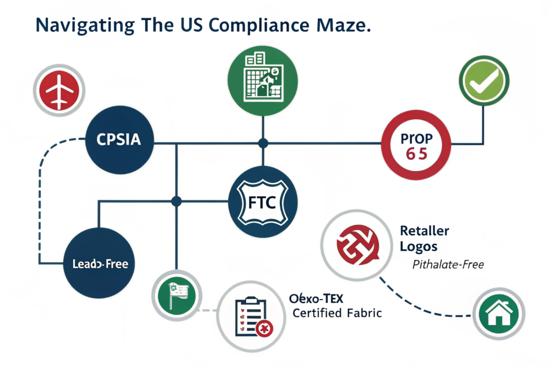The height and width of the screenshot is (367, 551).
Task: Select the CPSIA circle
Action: click(119, 140)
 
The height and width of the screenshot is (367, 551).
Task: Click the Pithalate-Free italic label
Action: click(448, 264)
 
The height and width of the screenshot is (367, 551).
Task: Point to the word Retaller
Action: click(425, 231)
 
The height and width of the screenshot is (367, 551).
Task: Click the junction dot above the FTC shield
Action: click(263, 143)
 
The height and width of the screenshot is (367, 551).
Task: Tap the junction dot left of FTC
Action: click(175, 202)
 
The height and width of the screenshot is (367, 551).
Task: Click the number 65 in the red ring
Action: click(414, 153)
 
